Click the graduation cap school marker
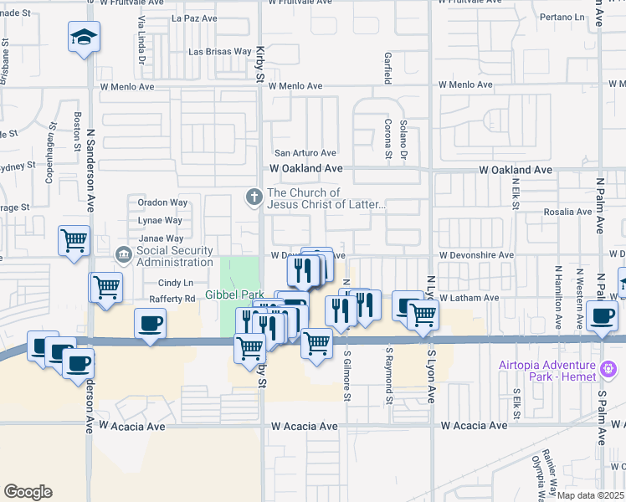(x=84, y=38)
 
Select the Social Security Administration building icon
(x=123, y=254)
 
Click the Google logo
(x=28, y=491)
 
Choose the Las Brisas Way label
(x=219, y=52)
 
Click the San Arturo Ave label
(x=305, y=153)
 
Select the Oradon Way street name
(x=163, y=202)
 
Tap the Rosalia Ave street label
(x=568, y=212)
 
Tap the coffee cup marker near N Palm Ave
(x=602, y=315)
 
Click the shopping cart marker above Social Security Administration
(x=74, y=241)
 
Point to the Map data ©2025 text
(x=591, y=495)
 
